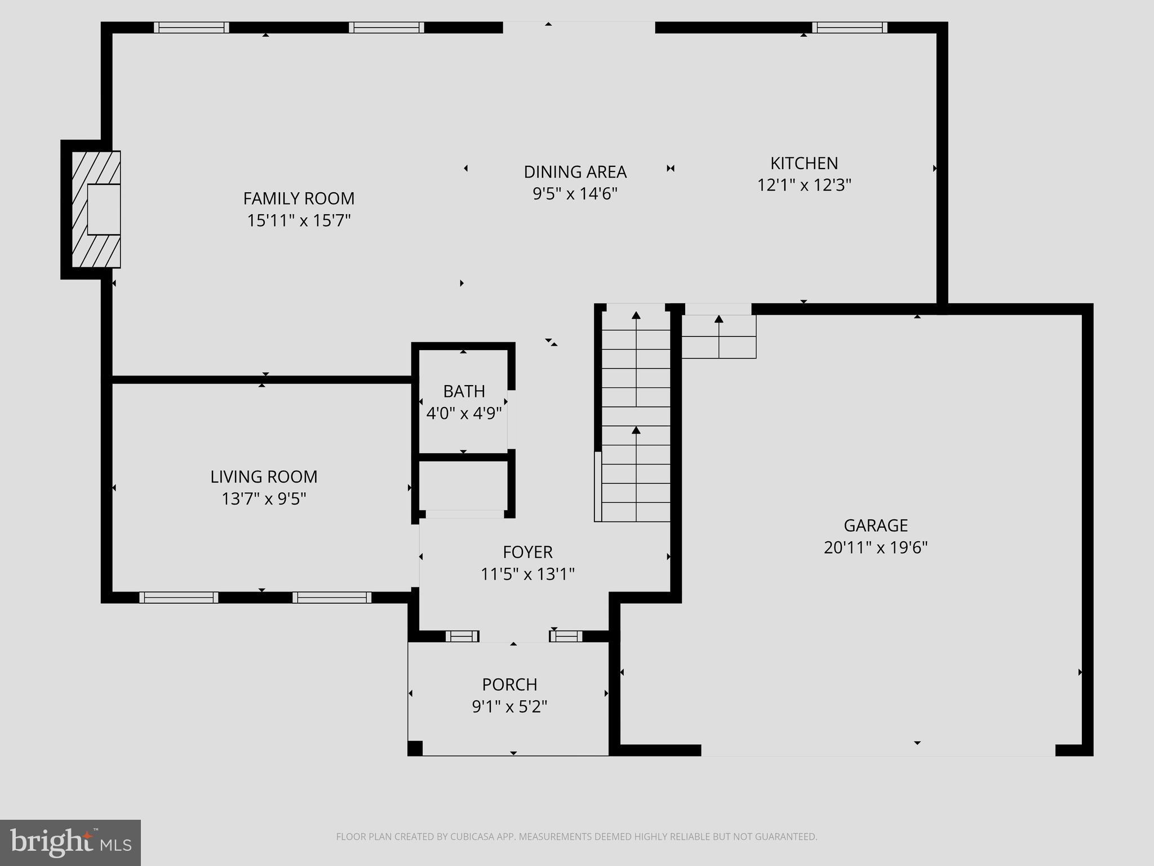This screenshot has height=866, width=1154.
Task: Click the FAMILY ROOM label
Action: click(299, 198)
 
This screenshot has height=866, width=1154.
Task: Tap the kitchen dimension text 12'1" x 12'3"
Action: click(804, 185)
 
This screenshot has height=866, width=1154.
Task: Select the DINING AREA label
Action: click(575, 172)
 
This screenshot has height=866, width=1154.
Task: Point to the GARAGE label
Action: click(876, 525)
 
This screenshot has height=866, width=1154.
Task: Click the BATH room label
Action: click(464, 391)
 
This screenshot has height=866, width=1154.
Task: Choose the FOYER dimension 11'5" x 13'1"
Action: click(527, 575)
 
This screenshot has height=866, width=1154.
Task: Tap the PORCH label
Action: click(509, 684)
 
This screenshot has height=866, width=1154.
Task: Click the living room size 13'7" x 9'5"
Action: click(264, 499)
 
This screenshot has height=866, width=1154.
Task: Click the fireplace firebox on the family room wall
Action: click(104, 209)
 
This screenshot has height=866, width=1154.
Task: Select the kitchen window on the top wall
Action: click(849, 28)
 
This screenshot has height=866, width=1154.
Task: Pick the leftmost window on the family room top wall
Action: click(192, 28)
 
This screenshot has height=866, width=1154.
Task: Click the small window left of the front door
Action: click(462, 637)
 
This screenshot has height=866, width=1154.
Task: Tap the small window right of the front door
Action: click(566, 637)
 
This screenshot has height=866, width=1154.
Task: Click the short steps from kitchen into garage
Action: click(718, 337)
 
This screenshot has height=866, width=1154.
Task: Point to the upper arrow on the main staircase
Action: click(636, 316)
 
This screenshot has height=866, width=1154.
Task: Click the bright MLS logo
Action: click(70, 842)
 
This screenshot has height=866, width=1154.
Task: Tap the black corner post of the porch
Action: click(415, 748)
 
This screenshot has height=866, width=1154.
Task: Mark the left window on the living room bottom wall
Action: click(179, 598)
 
